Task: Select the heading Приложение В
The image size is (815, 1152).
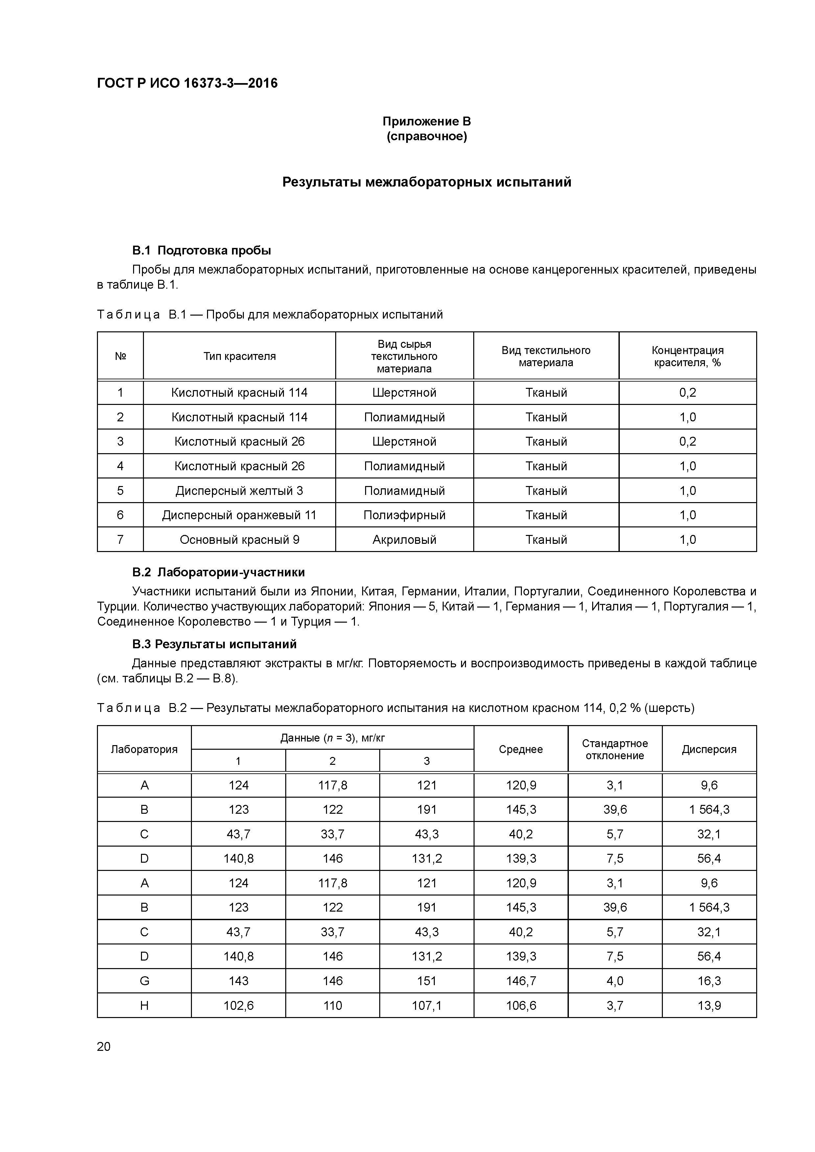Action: [x=426, y=122]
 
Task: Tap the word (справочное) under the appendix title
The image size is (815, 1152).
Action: [x=426, y=137]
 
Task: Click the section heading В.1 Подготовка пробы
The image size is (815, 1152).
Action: [x=201, y=250]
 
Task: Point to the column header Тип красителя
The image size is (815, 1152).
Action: [x=240, y=356]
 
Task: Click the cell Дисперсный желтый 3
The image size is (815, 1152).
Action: [x=240, y=490]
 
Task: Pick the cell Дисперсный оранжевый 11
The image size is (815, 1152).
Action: [x=240, y=515]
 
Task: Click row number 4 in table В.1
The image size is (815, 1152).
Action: [x=120, y=466]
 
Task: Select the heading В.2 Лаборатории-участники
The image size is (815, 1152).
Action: [x=219, y=572]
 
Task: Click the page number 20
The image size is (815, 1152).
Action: [x=104, y=1046]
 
